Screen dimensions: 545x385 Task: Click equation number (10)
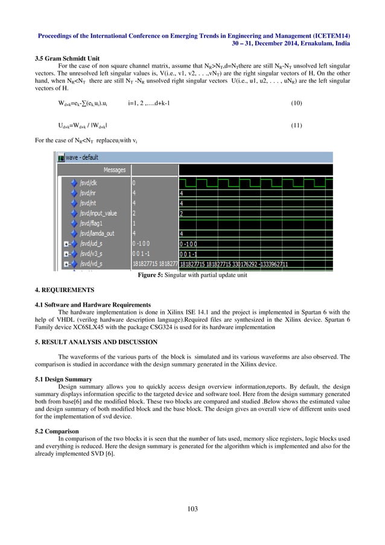[x=296, y=103]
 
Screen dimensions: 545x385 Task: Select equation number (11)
[x=296, y=127]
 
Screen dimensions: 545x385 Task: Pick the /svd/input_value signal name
[x=99, y=213]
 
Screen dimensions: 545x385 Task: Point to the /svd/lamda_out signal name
[x=99, y=233]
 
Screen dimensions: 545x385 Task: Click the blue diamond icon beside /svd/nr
[x=74, y=193]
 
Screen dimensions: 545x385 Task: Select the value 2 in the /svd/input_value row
[x=134, y=213]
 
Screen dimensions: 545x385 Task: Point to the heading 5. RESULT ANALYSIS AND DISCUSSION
[x=95, y=342]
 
